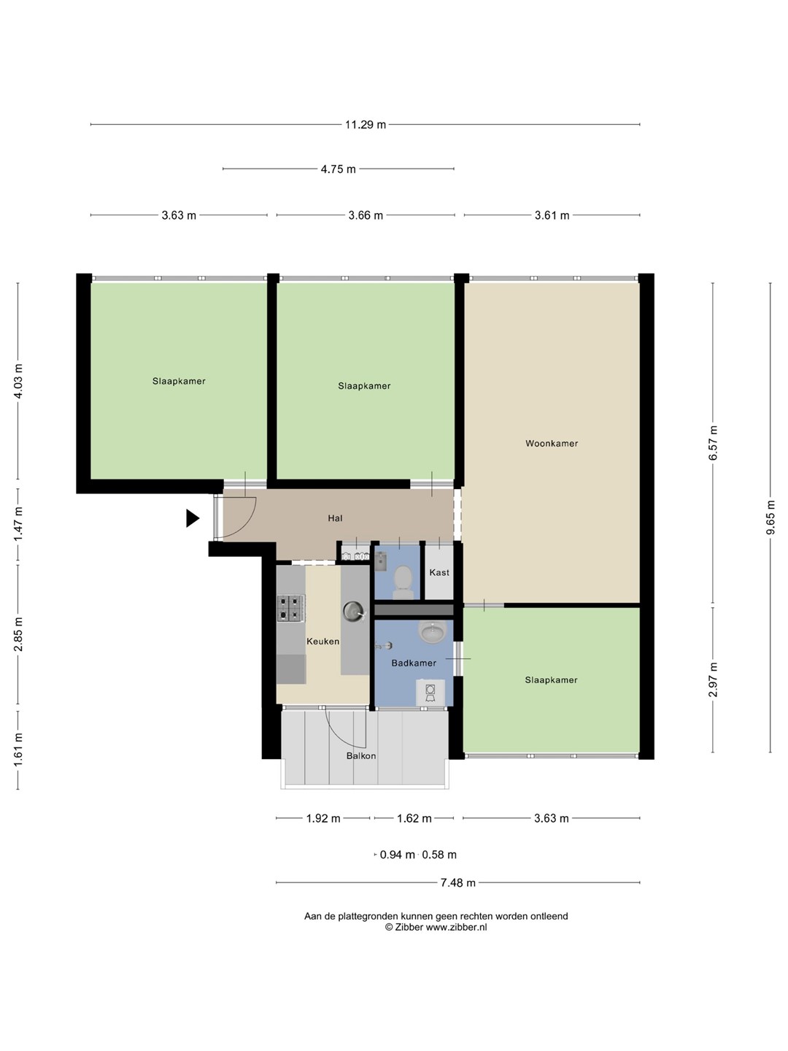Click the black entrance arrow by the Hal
(193, 518)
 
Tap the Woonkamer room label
(552, 443)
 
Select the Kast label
(439, 572)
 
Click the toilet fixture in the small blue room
(403, 581)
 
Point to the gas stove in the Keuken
(291, 608)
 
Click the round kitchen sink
(354, 612)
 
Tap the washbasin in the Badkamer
(433, 632)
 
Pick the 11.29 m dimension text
(366, 125)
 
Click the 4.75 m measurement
(339, 169)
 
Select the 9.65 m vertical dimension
(770, 518)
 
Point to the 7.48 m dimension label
(458, 882)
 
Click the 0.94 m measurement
(397, 855)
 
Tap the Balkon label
(361, 755)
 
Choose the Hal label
(335, 518)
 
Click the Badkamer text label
(414, 663)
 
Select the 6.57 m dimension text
(713, 442)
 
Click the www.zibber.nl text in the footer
(457, 927)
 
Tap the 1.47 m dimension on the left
(18, 524)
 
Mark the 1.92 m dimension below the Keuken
(323, 818)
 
